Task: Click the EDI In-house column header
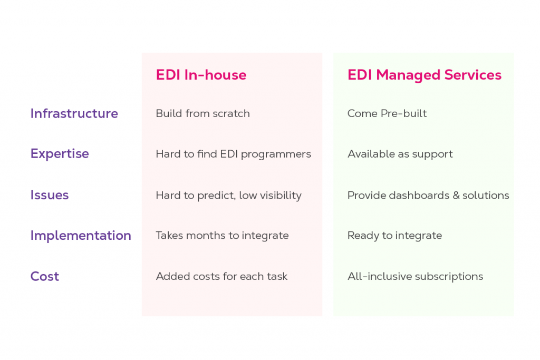[x=201, y=75]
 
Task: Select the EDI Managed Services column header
[x=424, y=75]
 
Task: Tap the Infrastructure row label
[x=74, y=113]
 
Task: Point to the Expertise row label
[x=60, y=153]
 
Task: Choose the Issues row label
[x=50, y=195]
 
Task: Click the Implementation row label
[x=81, y=235]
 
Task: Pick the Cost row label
[x=45, y=276]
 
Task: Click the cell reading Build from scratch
[x=202, y=113]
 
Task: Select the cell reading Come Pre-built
[x=387, y=113]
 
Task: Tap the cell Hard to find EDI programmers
[x=233, y=154]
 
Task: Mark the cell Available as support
[x=400, y=154]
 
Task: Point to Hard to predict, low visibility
[x=228, y=196]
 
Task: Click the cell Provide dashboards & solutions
[x=428, y=196]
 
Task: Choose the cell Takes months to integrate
[x=222, y=236]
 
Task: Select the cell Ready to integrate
[x=394, y=236]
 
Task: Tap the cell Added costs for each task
[x=221, y=276]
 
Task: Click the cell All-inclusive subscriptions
[x=415, y=276]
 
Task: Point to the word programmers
[x=283, y=154]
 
